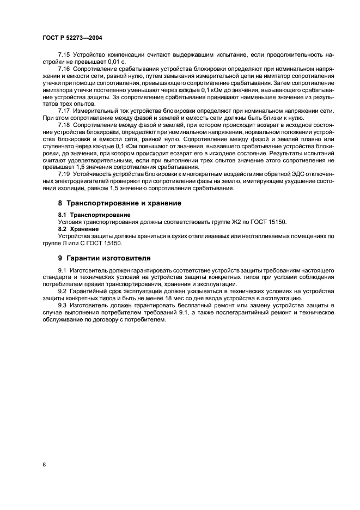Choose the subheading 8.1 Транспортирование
tap(90, 215)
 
